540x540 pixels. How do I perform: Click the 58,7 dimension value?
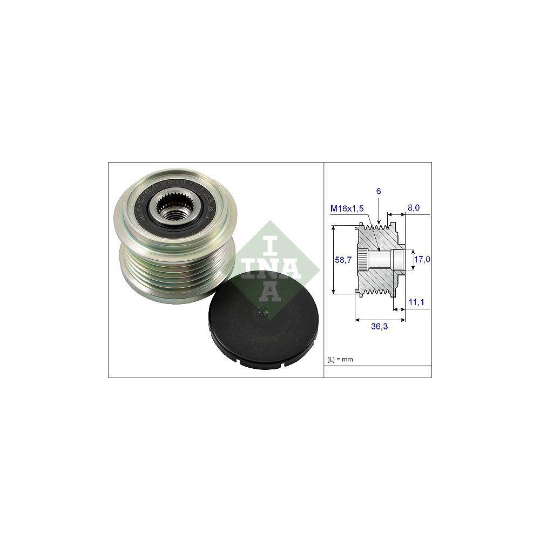tap(343, 260)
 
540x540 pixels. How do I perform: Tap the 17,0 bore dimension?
tap(422, 260)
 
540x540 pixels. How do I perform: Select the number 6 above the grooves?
tap(379, 192)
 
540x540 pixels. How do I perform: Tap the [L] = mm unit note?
tap(340, 359)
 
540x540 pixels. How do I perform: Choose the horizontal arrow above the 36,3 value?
tap(374, 320)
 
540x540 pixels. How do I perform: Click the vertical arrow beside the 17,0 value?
tap(409, 260)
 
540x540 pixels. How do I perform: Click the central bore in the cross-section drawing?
tap(384, 260)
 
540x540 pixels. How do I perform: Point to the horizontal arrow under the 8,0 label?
tap(399, 215)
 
